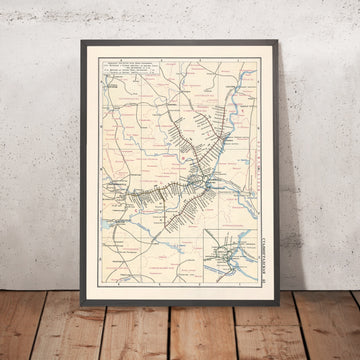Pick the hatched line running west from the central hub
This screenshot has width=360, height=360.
(150, 189)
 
